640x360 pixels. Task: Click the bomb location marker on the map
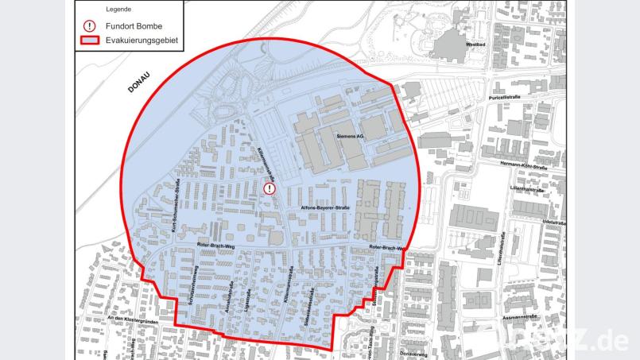pyautogui.click(x=270, y=189)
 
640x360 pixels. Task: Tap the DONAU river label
pyautogui.click(x=143, y=82)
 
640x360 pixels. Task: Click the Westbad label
pyautogui.click(x=475, y=45)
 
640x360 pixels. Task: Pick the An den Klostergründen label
pyautogui.click(x=130, y=317)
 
